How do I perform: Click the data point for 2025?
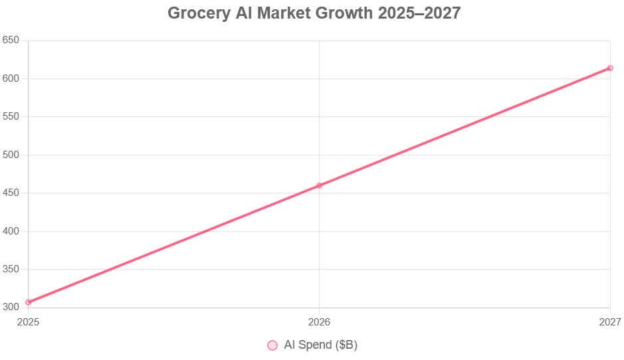[29, 302]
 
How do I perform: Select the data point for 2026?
[319, 185]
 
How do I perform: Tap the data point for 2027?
[610, 68]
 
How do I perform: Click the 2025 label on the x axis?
[29, 322]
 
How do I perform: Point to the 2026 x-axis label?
[319, 322]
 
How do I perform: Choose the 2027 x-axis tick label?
[609, 322]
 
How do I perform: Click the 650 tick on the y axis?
[11, 41]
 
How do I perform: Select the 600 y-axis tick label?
[11, 78]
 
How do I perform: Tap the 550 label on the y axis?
[11, 117]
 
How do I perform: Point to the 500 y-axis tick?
[11, 155]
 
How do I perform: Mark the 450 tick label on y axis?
[11, 193]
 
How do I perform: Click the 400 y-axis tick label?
[11, 231]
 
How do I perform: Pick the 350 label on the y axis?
[11, 270]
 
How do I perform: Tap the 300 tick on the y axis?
[11, 308]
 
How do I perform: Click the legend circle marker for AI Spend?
[272, 345]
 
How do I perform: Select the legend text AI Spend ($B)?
[320, 345]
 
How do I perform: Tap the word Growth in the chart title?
[348, 13]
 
